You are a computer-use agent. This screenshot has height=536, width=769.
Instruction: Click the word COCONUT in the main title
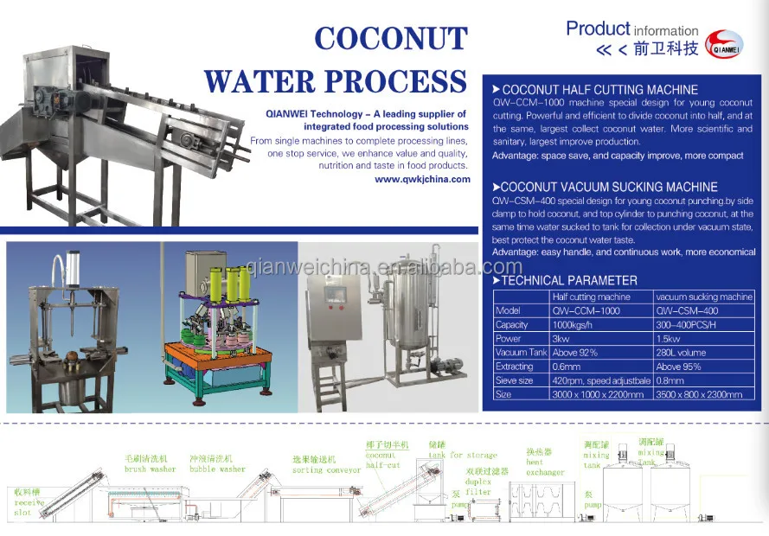click(390, 39)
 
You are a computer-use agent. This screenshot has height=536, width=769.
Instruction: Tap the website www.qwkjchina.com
click(422, 180)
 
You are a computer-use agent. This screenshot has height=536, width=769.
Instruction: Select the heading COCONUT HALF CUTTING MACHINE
click(599, 90)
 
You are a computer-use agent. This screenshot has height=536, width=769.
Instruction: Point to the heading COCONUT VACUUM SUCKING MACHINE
click(609, 187)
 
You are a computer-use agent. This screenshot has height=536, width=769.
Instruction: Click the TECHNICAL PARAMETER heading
click(569, 280)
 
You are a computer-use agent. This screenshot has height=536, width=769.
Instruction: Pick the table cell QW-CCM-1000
click(586, 310)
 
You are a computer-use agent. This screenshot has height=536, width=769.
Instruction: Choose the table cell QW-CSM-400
click(687, 310)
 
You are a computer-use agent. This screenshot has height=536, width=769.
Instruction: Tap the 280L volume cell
click(681, 353)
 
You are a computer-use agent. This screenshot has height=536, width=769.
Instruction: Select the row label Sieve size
click(514, 380)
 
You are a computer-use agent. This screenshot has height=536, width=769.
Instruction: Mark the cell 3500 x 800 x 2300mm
click(698, 394)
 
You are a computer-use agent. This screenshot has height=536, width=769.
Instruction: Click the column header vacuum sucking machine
click(704, 297)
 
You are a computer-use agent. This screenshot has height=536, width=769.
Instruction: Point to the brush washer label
click(150, 469)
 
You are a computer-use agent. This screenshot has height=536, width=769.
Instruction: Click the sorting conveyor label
click(326, 470)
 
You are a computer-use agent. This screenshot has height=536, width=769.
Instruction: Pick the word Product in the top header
click(599, 29)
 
